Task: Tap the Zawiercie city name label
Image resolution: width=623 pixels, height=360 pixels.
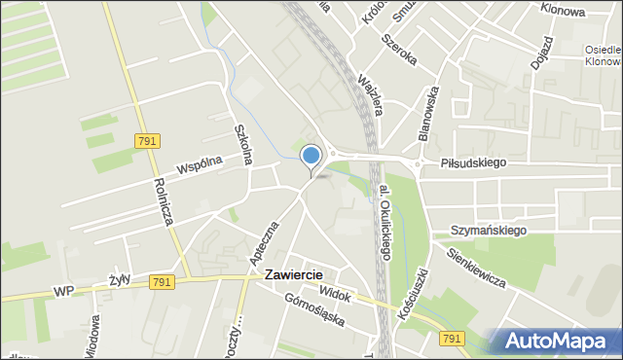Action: pos(293,275)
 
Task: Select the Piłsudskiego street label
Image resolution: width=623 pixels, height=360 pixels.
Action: pos(472,163)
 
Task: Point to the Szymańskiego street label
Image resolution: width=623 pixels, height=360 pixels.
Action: pos(489,231)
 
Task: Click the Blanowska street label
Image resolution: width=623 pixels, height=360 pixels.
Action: pos(428,112)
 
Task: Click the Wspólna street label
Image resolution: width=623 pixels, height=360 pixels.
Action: pos(200,166)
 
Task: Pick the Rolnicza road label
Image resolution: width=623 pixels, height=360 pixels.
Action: pos(163,201)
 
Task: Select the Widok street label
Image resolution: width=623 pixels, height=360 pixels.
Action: pos(335,293)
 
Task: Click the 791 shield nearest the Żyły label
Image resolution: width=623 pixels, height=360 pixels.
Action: pos(163,282)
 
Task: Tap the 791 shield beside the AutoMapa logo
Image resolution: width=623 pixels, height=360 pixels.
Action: pos(451,338)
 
